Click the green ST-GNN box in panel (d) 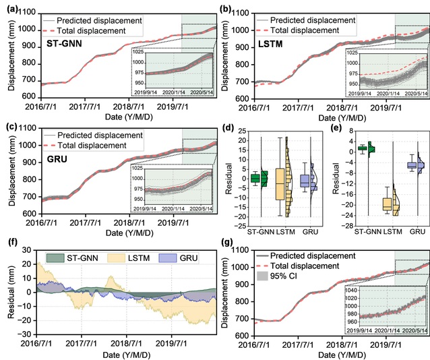(255, 178)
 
